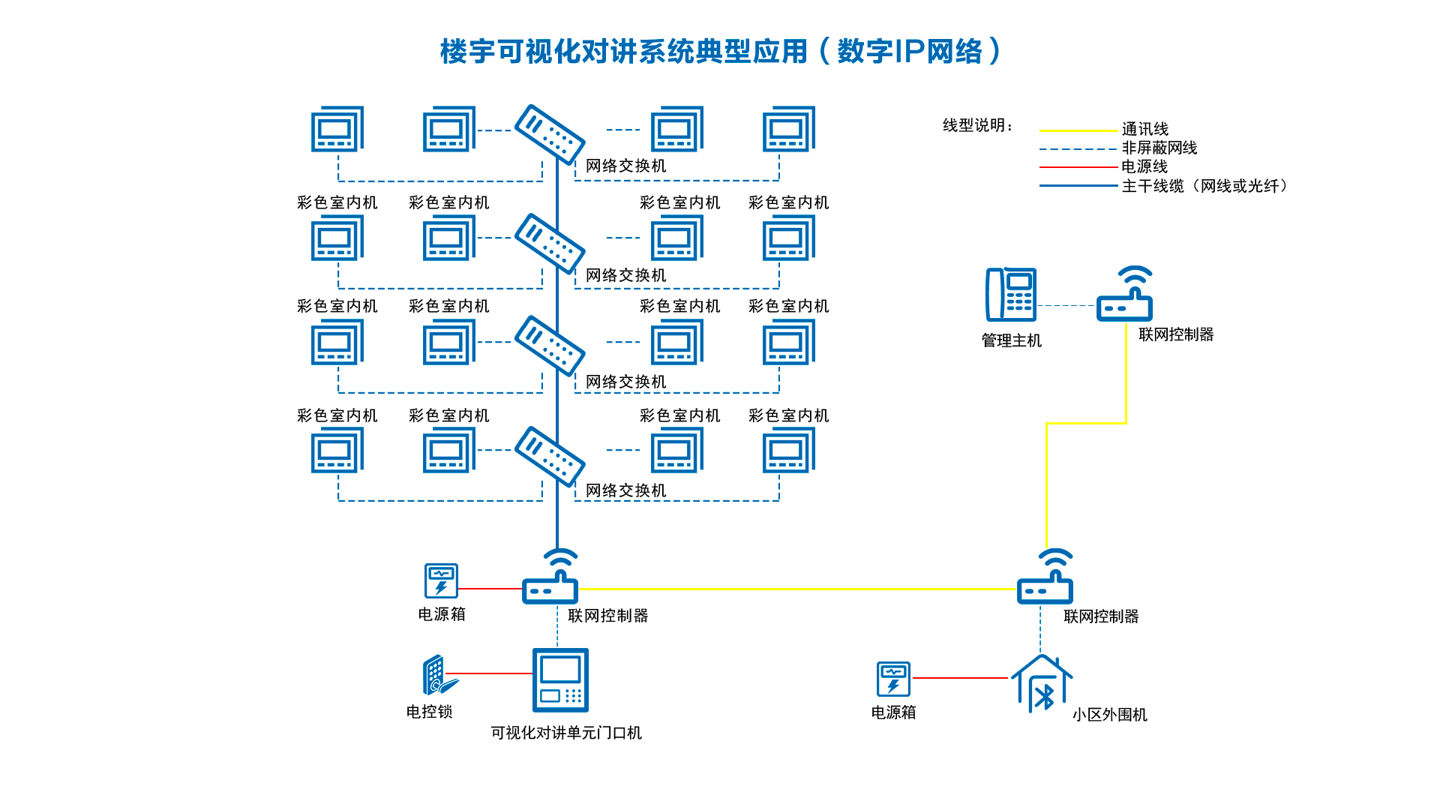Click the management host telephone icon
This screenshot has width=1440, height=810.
click(x=1010, y=294)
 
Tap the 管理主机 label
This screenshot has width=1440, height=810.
click(x=1011, y=340)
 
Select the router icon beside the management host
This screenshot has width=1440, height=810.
click(x=1124, y=295)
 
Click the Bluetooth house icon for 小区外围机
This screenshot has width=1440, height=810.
click(x=1042, y=684)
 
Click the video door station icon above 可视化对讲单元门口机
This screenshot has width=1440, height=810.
click(x=560, y=679)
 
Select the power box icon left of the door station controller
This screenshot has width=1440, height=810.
click(x=441, y=581)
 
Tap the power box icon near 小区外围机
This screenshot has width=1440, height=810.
click(x=893, y=679)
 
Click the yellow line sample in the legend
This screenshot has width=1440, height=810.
click(x=1078, y=130)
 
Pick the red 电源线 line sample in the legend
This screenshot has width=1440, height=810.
click(x=1078, y=167)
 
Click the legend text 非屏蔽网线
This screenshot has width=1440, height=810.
click(x=1159, y=148)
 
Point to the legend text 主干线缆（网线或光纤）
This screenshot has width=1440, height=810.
click(x=1204, y=186)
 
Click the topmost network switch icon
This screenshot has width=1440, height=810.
click(x=550, y=134)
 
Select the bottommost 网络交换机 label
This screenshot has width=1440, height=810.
click(x=625, y=490)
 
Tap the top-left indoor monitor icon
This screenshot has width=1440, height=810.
click(x=337, y=129)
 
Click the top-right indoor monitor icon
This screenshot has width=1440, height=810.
click(x=789, y=129)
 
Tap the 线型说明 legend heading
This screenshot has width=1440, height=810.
click(x=977, y=126)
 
